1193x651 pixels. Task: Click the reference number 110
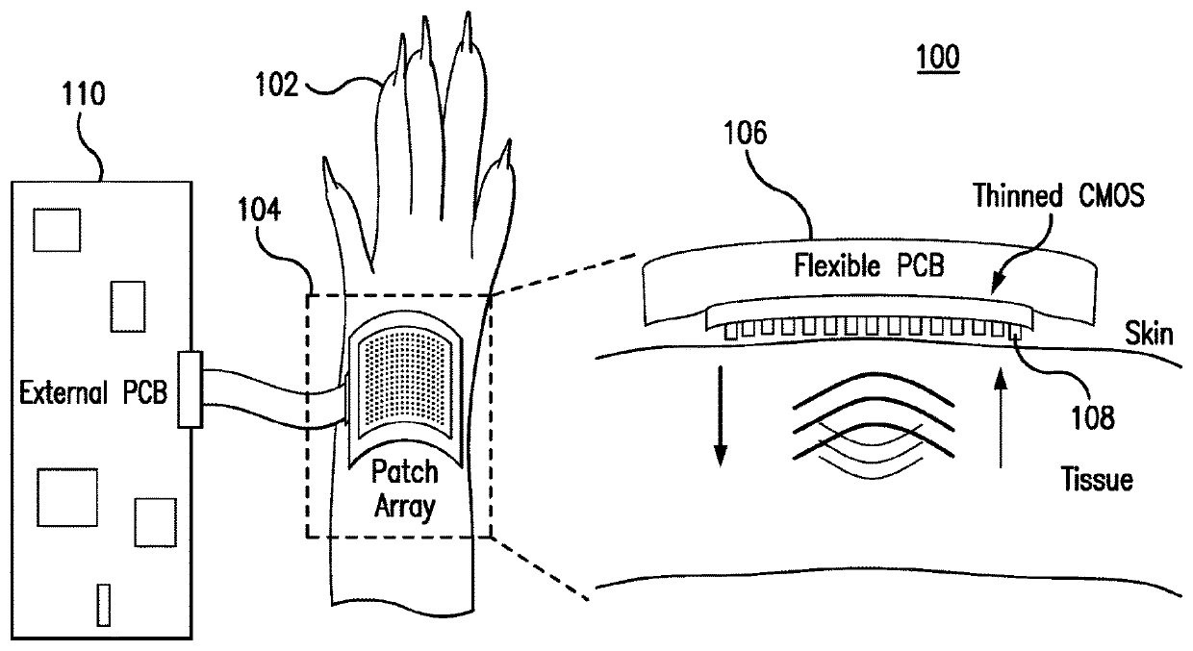[x=86, y=94]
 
